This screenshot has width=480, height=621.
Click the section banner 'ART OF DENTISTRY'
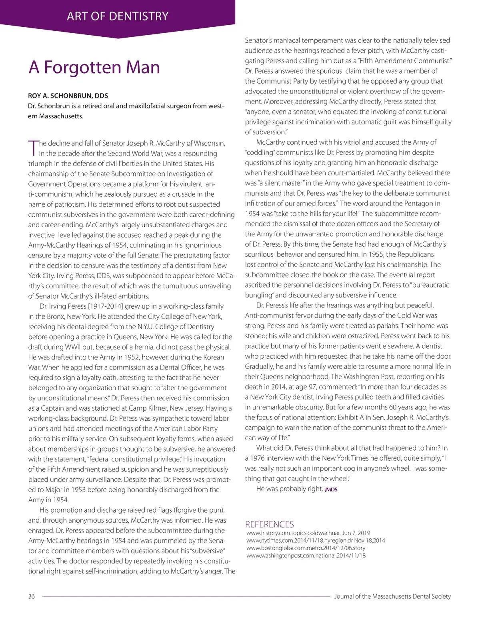click(x=118, y=16)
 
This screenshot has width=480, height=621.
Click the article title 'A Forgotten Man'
click(x=94, y=67)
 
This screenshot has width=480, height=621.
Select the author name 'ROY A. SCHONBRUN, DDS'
click(x=68, y=96)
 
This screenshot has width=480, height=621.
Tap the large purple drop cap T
click(x=33, y=147)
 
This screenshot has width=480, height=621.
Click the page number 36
click(x=32, y=596)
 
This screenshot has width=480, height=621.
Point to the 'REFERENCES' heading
click(x=269, y=524)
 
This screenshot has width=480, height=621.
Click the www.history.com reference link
click(x=308, y=533)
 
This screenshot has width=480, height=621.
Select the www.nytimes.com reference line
click(x=316, y=540)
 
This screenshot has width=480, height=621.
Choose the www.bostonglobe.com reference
click(x=306, y=548)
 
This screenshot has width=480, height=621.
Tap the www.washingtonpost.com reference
click(x=306, y=555)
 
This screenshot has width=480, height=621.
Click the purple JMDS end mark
click(x=331, y=489)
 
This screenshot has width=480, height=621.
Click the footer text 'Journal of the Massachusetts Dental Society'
click(x=392, y=596)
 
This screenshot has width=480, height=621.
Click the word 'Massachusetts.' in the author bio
click(x=61, y=116)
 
